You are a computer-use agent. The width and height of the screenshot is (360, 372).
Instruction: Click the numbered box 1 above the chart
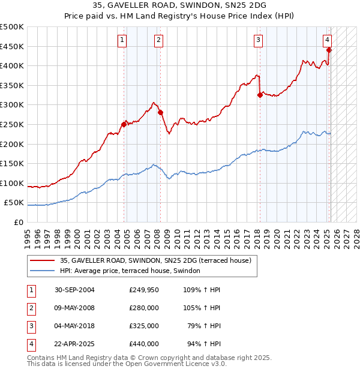click(x=122, y=40)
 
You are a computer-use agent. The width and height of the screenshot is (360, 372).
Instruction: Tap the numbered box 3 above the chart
click(x=258, y=40)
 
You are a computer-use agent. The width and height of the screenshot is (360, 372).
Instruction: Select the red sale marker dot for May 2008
click(x=160, y=112)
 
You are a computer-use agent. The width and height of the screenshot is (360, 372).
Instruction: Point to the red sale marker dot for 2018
click(x=259, y=95)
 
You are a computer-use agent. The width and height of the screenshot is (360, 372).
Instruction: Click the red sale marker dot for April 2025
click(x=329, y=50)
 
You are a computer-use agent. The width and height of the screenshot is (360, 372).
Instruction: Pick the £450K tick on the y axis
click(x=12, y=46)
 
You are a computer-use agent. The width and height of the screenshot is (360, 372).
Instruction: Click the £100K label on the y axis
click(x=12, y=183)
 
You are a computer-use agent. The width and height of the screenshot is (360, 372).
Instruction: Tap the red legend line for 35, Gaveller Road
click(x=42, y=260)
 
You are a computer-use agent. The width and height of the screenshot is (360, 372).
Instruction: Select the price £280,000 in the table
click(x=144, y=308)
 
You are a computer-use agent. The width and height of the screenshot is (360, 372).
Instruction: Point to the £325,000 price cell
click(x=144, y=326)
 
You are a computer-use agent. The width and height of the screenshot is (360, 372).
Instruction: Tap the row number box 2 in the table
click(x=31, y=308)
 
